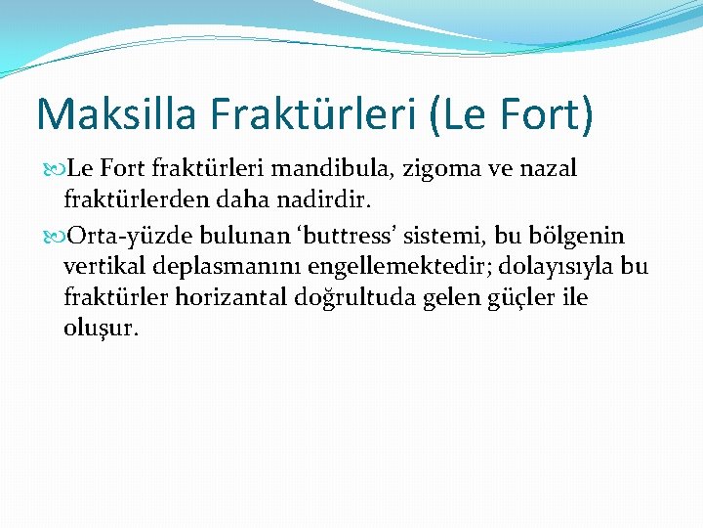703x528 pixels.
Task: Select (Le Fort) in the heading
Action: (x=511, y=113)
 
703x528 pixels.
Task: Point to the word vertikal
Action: (x=104, y=266)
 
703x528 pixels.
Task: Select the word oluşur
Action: (x=102, y=327)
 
